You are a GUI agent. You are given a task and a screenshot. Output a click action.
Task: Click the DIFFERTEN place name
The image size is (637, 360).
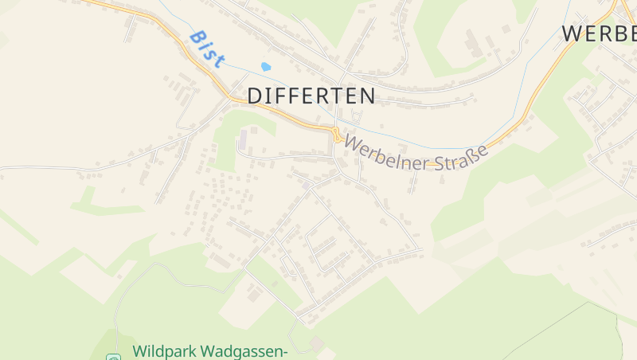pos(311,96)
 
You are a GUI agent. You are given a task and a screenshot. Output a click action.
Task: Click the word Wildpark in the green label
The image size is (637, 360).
pos(163,351)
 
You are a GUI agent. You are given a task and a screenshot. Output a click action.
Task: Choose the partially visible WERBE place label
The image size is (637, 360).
pos(600,33)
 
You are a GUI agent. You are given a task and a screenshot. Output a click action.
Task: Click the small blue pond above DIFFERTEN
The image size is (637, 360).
pos(266,67)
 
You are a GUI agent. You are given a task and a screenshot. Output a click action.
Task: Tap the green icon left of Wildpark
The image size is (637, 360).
pos(112,357)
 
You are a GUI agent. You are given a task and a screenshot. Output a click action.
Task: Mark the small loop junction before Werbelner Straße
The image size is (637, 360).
pos(337,135)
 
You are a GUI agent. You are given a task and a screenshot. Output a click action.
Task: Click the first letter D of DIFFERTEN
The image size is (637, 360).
pos(255,96)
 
